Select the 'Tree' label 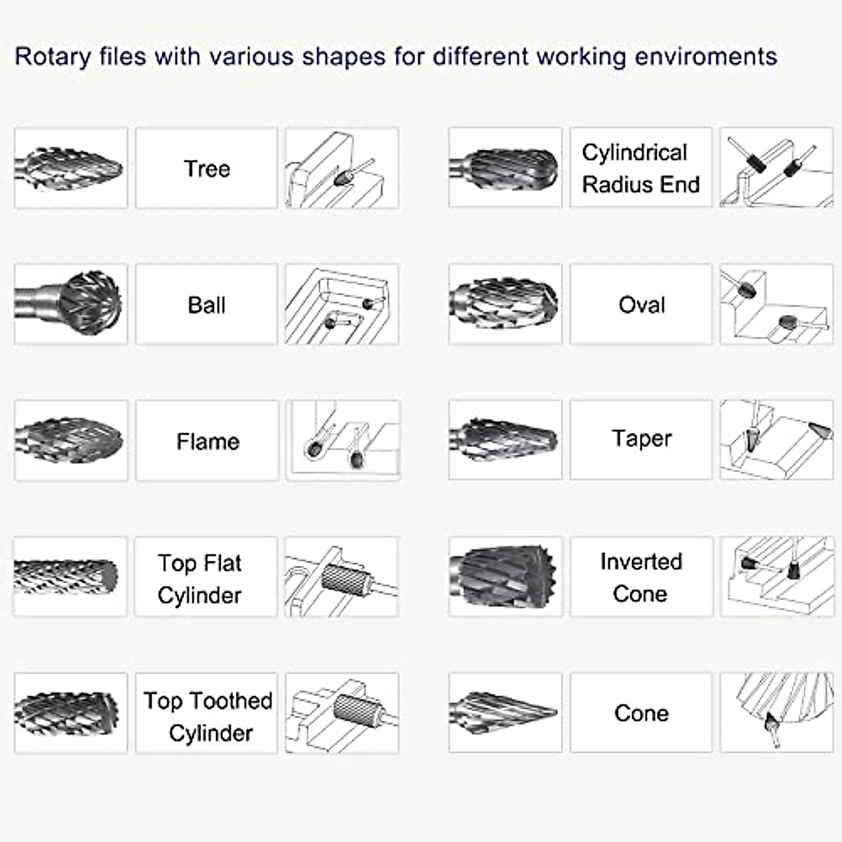206,168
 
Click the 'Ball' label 206,305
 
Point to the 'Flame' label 208,441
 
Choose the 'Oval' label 641,305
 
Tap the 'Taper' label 641,439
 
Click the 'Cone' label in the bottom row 641,713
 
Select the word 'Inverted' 641,561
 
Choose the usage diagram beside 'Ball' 342,304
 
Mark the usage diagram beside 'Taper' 776,440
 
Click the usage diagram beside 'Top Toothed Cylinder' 342,713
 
